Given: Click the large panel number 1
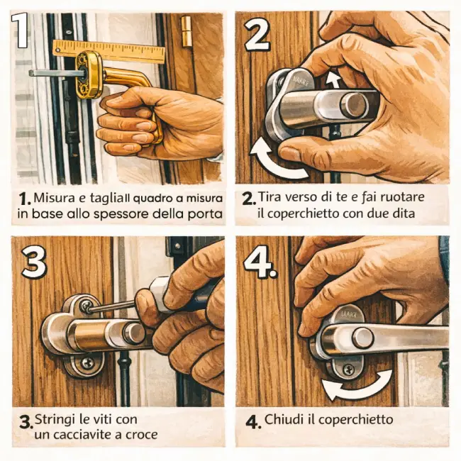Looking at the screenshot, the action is (x=20, y=30).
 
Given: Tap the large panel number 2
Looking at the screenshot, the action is (x=257, y=33).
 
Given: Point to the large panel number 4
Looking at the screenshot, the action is (x=260, y=262).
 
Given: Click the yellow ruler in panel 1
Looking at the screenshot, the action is (x=109, y=52).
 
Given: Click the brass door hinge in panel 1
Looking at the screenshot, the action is (x=187, y=32).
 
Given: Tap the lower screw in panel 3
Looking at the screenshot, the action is (x=88, y=363).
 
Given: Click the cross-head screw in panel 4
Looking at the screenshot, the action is (x=349, y=370).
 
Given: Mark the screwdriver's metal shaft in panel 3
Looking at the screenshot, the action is (x=112, y=306).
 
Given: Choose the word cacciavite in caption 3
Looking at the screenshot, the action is (x=81, y=435).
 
